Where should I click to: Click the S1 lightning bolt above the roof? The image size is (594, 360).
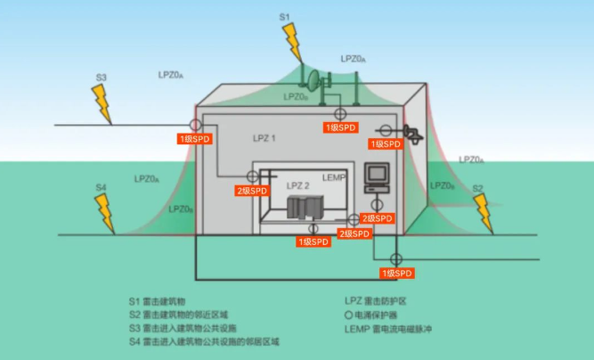click(292, 40)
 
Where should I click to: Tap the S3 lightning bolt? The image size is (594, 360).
click(102, 102)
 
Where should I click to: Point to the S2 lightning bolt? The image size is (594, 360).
click(484, 213)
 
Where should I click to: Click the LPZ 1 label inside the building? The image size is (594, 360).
click(263, 139)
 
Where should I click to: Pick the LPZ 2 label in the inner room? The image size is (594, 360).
click(298, 186)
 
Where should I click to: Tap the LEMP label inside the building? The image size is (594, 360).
click(333, 176)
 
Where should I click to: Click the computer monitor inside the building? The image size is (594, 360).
click(378, 174)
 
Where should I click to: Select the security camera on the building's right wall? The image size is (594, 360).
click(411, 133)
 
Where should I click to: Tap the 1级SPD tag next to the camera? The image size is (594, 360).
click(387, 143)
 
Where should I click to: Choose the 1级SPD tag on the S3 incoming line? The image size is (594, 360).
click(194, 138)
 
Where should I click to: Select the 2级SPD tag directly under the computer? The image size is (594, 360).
click(376, 218)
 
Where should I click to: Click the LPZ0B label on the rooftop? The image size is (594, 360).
click(297, 96)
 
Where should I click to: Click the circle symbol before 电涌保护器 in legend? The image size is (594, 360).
click(348, 315)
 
